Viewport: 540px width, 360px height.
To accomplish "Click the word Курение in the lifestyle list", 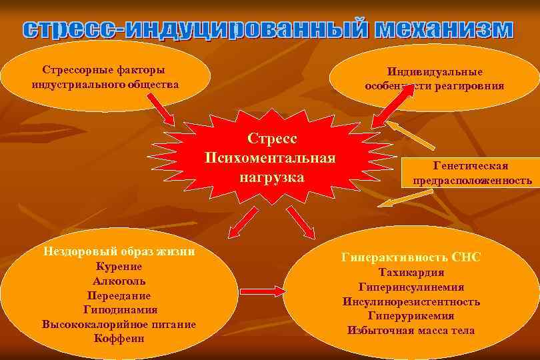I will (119, 266).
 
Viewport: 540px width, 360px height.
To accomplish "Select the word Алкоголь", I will (119, 281).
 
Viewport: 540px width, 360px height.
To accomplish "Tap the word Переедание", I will (119, 295).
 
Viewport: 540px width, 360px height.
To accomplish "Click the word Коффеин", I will (119, 338).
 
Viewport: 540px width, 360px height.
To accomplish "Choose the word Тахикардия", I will (411, 272).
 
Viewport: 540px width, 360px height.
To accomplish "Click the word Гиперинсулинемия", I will (411, 287).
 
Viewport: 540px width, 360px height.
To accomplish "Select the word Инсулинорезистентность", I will (411, 301).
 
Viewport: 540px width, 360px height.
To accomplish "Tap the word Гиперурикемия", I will (411, 315).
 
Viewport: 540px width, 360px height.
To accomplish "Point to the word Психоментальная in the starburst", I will (271, 159).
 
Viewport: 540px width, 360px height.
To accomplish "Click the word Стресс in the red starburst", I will (271, 139).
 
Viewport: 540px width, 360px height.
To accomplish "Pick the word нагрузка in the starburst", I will (271, 178).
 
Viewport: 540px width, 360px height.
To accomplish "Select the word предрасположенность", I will (472, 180).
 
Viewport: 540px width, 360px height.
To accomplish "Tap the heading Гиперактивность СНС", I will (411, 257).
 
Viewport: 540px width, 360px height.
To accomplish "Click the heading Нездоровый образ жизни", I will (119, 251).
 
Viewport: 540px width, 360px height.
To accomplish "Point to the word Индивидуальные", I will (435, 72).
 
